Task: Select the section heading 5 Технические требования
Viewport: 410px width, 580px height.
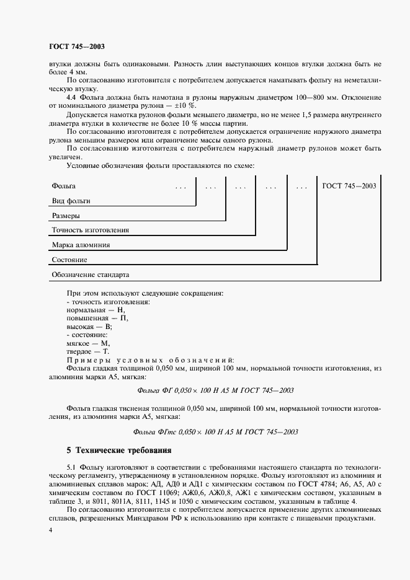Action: [x=118, y=449]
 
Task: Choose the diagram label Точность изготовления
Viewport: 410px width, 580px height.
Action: [x=91, y=230]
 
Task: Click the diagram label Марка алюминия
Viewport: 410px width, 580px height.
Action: [x=81, y=245]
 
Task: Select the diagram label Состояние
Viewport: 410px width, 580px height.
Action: [x=69, y=260]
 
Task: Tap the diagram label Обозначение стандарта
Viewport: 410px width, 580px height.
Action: [x=91, y=275]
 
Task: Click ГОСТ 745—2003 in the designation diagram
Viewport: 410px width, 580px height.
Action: [x=349, y=185]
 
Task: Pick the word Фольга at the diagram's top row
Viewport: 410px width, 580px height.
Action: [x=64, y=185]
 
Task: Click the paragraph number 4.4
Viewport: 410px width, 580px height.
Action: [x=71, y=97]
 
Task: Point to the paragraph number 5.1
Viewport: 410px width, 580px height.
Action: [x=71, y=466]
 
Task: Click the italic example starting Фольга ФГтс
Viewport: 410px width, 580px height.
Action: [x=215, y=432]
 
